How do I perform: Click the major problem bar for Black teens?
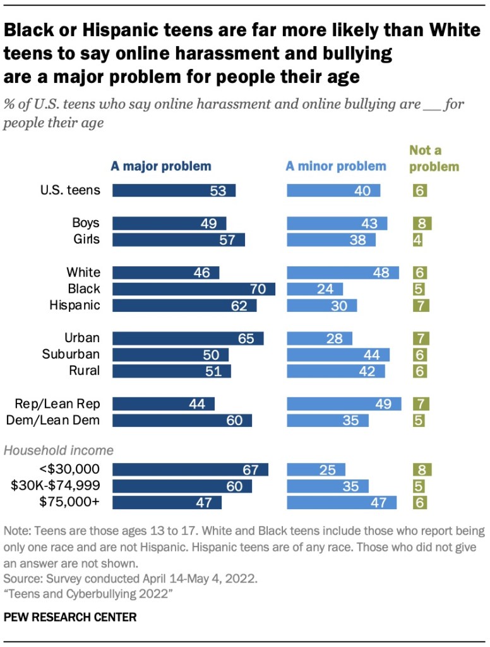pyautogui.click(x=194, y=289)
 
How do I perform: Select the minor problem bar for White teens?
pyautogui.click(x=343, y=273)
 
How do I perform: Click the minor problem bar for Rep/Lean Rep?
pyautogui.click(x=344, y=404)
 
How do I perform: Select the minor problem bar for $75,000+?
pyautogui.click(x=342, y=502)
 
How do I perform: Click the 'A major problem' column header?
pyautogui.click(x=161, y=166)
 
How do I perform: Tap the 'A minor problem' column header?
pyautogui.click(x=336, y=166)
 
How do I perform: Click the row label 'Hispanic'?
pyautogui.click(x=75, y=305)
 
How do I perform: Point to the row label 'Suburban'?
pyautogui.click(x=71, y=354)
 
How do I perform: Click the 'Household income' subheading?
pyautogui.click(x=59, y=451)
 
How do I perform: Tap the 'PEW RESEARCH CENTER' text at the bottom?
pyautogui.click(x=70, y=617)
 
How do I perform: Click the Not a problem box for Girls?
pyautogui.click(x=417, y=240)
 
